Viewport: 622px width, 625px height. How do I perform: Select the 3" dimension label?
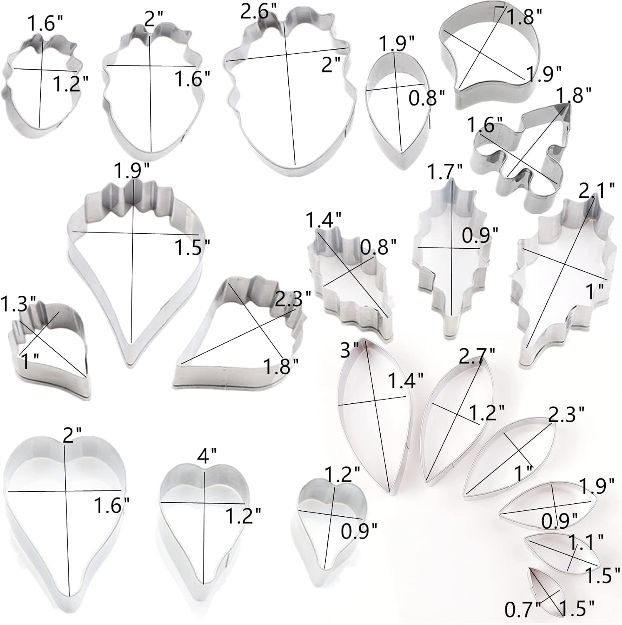[x=350, y=351]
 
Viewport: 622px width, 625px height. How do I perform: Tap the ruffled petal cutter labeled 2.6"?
[x=289, y=92]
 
